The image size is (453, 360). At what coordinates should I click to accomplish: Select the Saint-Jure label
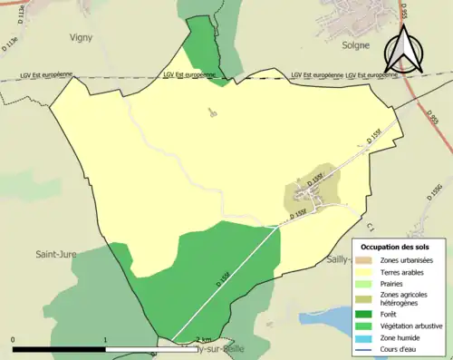pos(56,257)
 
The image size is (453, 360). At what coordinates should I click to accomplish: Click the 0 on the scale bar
pos(13,340)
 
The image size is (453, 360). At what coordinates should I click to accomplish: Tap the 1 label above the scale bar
pos(106,340)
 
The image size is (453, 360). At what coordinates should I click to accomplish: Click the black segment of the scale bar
pos(59,348)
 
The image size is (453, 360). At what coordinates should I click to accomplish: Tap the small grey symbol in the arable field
pos(213,113)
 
